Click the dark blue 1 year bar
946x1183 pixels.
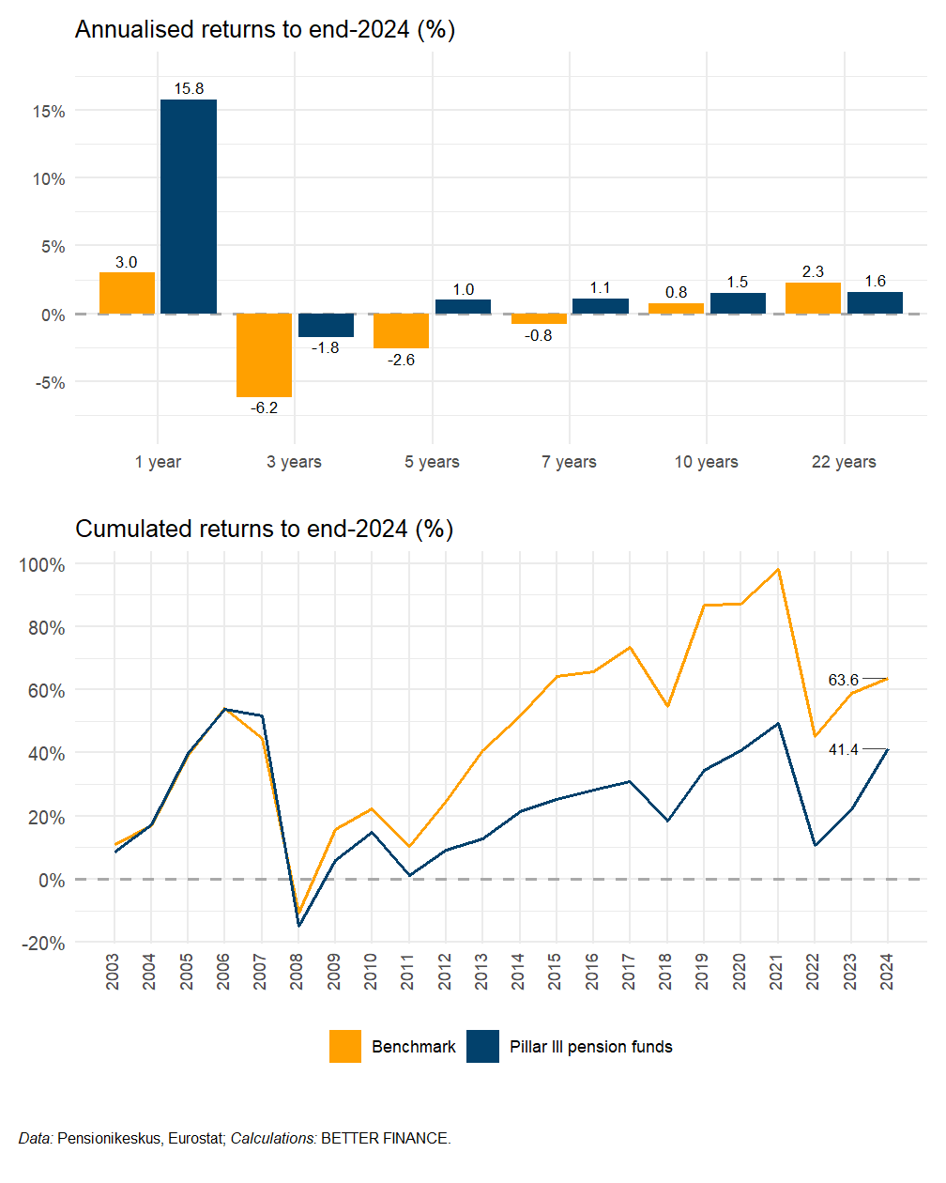[189, 207]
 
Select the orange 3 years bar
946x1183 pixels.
[264, 355]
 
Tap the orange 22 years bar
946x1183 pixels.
[813, 298]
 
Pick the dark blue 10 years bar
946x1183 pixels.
[738, 303]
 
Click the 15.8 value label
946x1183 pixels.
[189, 88]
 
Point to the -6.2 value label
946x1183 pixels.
[264, 407]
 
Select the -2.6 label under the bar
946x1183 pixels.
[401, 360]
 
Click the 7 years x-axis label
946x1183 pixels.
[569, 461]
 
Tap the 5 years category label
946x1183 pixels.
[432, 461]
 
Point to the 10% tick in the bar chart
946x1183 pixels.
[49, 178]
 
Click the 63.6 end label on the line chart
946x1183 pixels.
[843, 680]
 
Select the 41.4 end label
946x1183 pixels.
[843, 749]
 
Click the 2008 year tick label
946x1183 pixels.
[297, 972]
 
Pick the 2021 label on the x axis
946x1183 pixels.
[776, 972]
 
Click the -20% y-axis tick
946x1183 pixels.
[42, 944]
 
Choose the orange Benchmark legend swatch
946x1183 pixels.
[345, 1046]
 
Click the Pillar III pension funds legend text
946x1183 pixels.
[591, 1046]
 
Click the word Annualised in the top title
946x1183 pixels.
[130, 30]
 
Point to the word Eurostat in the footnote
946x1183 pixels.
[195, 1138]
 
